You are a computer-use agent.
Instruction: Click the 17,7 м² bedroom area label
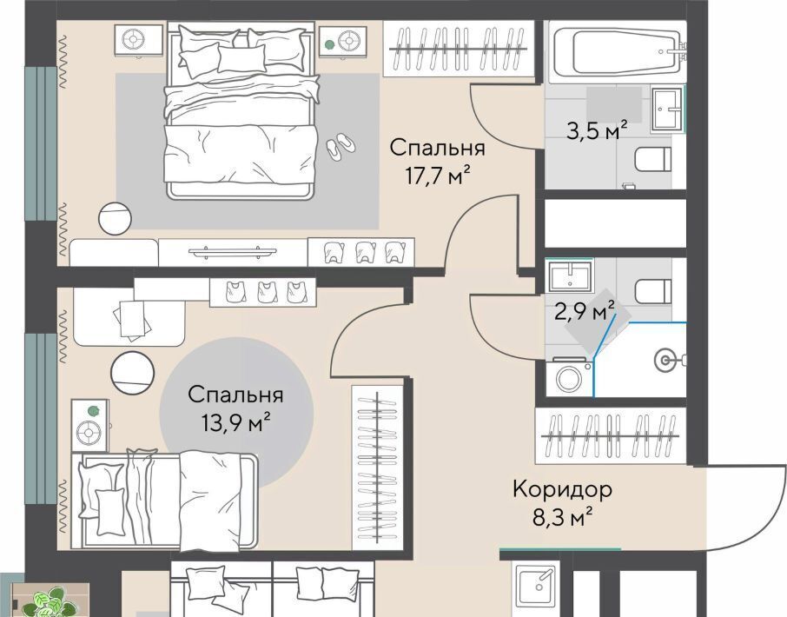pyautogui.click(x=438, y=176)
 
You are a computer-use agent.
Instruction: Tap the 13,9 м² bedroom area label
pyautogui.click(x=236, y=423)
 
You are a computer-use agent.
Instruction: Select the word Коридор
pyautogui.click(x=562, y=489)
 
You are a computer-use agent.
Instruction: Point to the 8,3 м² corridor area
pyautogui.click(x=562, y=517)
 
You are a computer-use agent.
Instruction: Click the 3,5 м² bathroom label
pyautogui.click(x=596, y=130)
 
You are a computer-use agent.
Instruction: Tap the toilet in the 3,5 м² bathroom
pyautogui.click(x=653, y=160)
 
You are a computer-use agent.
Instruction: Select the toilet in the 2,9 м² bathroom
pyautogui.click(x=653, y=291)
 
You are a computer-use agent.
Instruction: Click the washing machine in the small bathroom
pyautogui.click(x=569, y=376)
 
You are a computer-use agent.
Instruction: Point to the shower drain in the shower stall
pyautogui.click(x=666, y=360)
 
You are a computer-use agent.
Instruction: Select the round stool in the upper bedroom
pyautogui.click(x=115, y=219)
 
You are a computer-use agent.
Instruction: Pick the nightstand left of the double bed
pyautogui.click(x=138, y=40)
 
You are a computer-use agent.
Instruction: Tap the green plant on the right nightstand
pyautogui.click(x=328, y=44)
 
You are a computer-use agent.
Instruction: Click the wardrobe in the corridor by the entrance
pyautogui.click(x=611, y=435)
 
